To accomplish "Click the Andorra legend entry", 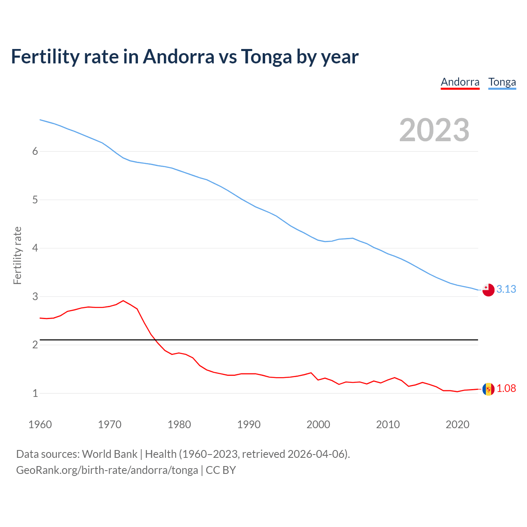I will (460, 82).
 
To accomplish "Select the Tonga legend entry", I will (502, 82).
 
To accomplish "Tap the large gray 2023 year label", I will (434, 130).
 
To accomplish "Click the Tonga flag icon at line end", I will (488, 290).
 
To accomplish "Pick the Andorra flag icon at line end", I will (488, 389).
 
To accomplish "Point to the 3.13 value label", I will (506, 289).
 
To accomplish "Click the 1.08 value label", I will (506, 389).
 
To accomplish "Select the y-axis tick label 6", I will (35, 152).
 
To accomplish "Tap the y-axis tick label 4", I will (35, 248).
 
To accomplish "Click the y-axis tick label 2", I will (35, 345).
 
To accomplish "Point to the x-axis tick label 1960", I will (40, 424).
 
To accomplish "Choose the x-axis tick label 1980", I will (179, 424).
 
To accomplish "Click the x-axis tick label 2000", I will (318, 424).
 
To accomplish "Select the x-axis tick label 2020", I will (457, 424).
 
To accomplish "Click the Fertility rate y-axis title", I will (17, 255).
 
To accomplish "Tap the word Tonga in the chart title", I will (266, 57).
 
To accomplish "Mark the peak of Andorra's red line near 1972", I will (123, 301).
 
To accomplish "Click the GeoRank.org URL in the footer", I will (107, 470).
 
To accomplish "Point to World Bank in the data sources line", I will (110, 454).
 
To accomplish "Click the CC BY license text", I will (221, 470).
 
